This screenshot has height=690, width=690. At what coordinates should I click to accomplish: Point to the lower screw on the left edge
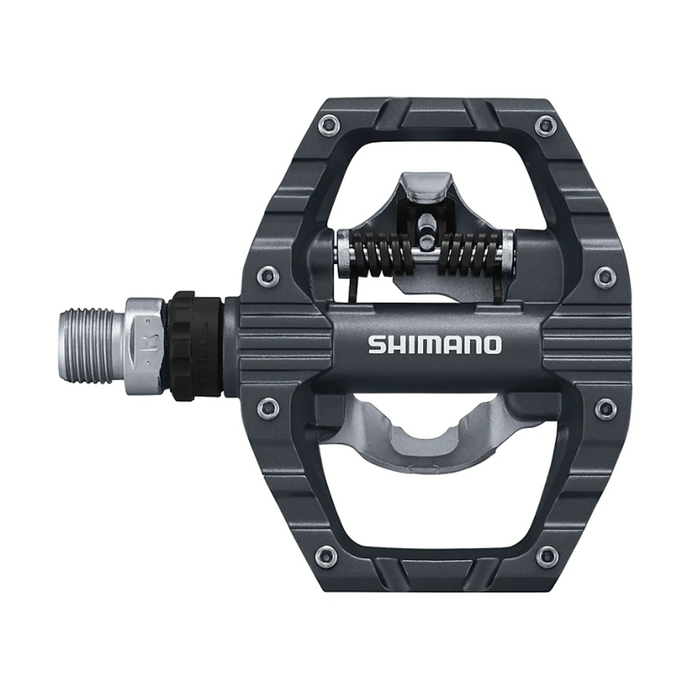click(x=266, y=406)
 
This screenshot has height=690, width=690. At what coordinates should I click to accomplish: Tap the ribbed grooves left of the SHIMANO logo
click(x=284, y=345)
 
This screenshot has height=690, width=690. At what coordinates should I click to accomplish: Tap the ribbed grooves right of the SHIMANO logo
click(x=586, y=345)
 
